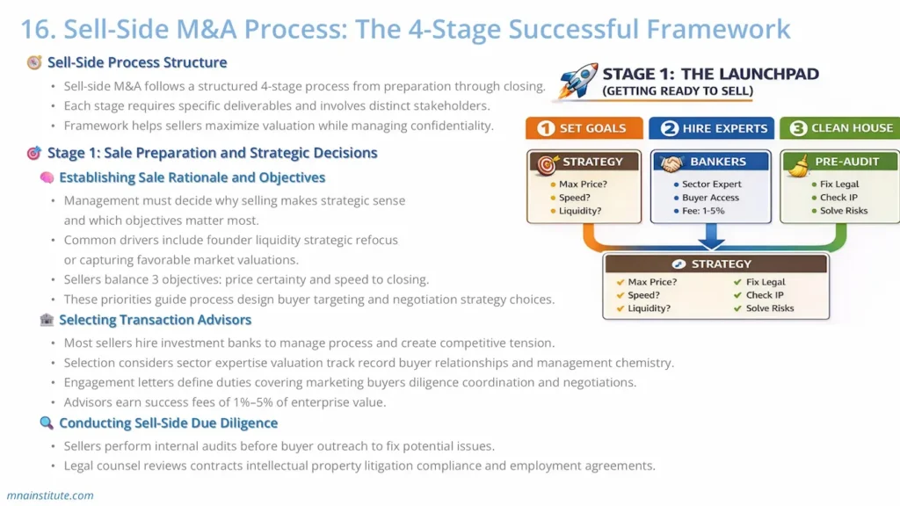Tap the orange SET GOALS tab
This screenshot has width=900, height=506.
[582, 128]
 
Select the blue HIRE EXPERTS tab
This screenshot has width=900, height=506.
[711, 128]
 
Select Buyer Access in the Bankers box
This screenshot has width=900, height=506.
[710, 198]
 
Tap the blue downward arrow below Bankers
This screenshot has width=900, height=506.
[711, 237]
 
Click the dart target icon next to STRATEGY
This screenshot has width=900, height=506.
[547, 163]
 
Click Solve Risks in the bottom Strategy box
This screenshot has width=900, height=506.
[769, 308]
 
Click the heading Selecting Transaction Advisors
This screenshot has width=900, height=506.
[155, 320]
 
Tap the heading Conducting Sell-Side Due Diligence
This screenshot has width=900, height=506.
[168, 423]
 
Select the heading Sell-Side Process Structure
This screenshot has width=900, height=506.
[136, 62]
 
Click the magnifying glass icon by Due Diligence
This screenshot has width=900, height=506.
[47, 423]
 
